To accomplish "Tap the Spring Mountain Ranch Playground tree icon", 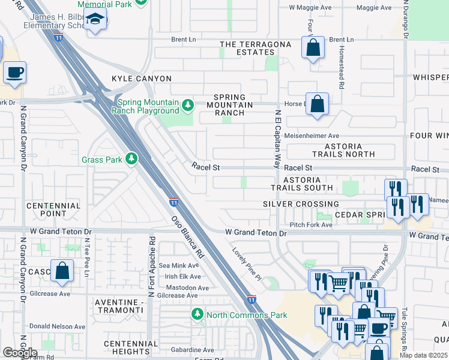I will coord(188,106).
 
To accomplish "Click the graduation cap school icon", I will coord(95,21).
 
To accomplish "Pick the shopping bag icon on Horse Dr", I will coord(318,104).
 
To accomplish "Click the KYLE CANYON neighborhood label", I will coord(142,79).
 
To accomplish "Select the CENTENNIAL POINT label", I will coord(53,209).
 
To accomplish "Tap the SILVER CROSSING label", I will coord(301,204).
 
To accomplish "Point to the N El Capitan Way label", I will coord(278,139).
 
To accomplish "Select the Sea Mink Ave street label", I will coord(178,265).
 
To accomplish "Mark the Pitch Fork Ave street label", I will coord(311,224).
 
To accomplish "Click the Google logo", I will coord(20,353).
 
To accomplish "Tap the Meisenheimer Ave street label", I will coord(312,136).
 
